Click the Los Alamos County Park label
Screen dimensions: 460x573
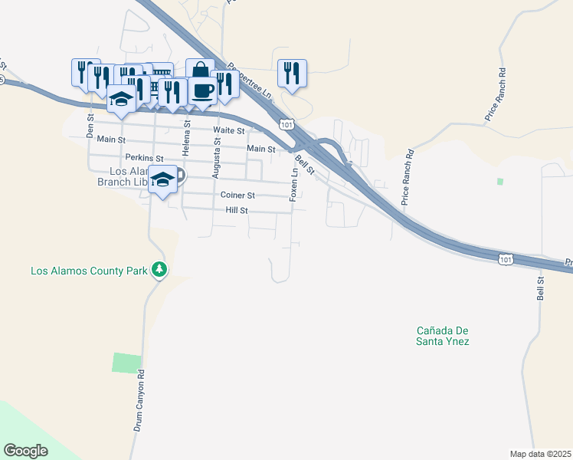click(90, 271)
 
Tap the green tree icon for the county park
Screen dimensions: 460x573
click(159, 269)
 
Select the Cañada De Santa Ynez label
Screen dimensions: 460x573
click(442, 336)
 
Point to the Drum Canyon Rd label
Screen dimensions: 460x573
click(139, 400)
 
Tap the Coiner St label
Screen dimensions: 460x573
click(237, 195)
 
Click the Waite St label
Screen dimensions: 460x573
click(230, 131)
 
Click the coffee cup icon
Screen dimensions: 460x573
click(202, 90)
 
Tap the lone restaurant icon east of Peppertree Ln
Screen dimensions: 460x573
click(292, 73)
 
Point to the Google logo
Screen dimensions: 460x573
click(25, 450)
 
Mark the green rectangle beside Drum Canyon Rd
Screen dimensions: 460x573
click(127, 363)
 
